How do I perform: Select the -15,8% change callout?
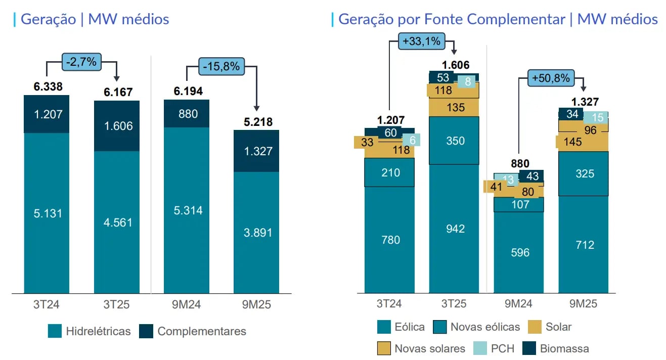point(221,66)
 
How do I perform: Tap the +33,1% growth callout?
point(422,41)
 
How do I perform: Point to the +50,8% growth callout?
point(551,78)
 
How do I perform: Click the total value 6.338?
point(48,87)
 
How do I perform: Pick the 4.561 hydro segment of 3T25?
point(117,222)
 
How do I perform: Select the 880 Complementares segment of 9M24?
point(187,114)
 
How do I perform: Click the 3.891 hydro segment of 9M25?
point(256,233)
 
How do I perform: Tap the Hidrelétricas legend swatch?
point(55,331)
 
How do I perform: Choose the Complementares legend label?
point(201,331)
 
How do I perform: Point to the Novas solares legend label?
point(429,348)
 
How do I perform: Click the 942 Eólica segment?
point(455,229)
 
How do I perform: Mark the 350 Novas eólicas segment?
point(455,141)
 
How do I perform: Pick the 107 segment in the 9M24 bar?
point(519,205)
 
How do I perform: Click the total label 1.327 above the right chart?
point(584,102)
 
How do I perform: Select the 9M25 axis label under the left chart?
point(256,304)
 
